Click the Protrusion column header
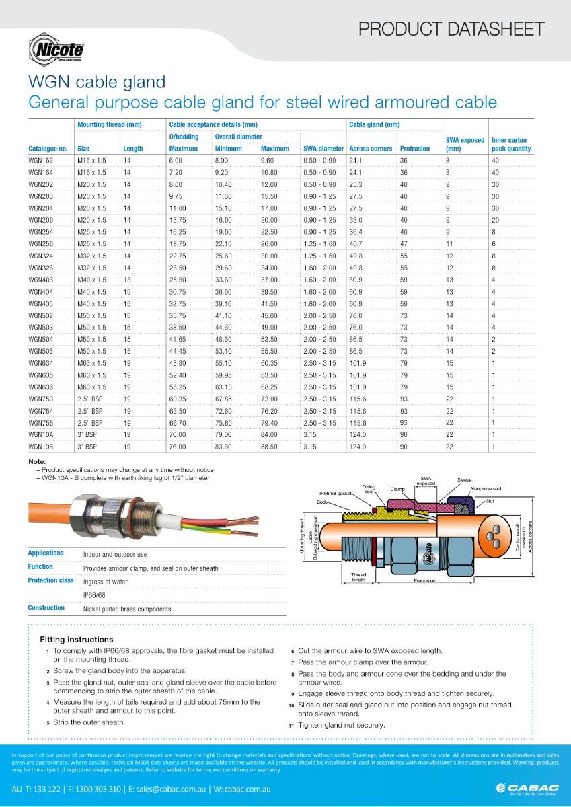pyautogui.click(x=414, y=149)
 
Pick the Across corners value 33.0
pyautogui.click(x=356, y=220)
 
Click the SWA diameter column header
pyautogui.click(x=323, y=149)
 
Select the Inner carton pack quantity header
pyautogui.click(x=511, y=145)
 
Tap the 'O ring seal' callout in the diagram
pyautogui.click(x=368, y=488)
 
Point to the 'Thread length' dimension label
pyautogui.click(x=358, y=577)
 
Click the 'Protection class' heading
pyautogui.click(x=50, y=580)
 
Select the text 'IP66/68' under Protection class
pyautogui.click(x=94, y=595)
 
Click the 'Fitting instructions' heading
pyautogui.click(x=77, y=639)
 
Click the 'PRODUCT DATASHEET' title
pyautogui.click(x=451, y=29)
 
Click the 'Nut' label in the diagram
pyautogui.click(x=499, y=501)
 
